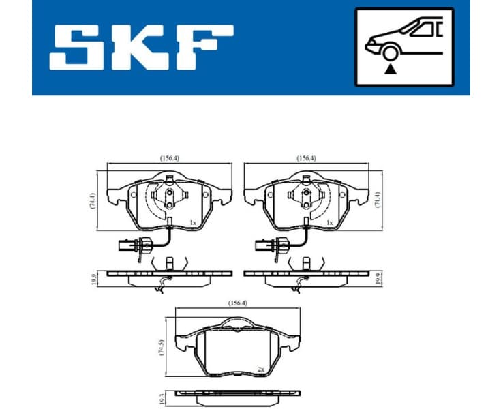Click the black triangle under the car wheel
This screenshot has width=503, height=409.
tap(391, 68)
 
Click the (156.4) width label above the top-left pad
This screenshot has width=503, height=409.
tap(169, 158)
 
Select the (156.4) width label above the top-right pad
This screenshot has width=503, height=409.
tap(306, 158)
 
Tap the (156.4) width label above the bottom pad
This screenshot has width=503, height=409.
tap(237, 305)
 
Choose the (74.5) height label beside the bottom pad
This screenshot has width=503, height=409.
tap(161, 348)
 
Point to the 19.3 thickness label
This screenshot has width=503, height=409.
tap(161, 395)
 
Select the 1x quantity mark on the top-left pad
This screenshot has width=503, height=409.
tap(192, 222)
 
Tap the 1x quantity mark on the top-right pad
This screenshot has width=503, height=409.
tap(329, 222)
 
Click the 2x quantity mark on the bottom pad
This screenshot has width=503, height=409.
tap(260, 369)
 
